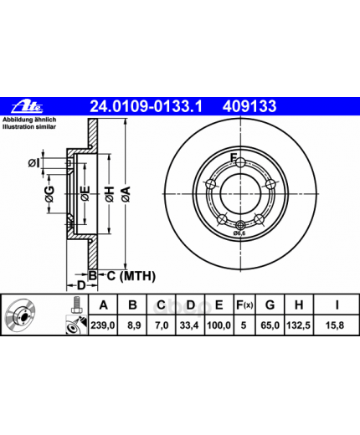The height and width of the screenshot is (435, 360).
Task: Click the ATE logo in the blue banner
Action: (x=27, y=106)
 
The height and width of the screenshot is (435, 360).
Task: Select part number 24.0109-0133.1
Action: (x=146, y=106)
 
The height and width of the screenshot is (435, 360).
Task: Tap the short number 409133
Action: (x=249, y=106)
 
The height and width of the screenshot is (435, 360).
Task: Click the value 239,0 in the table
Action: (x=103, y=325)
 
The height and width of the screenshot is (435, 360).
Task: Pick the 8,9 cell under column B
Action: (x=134, y=325)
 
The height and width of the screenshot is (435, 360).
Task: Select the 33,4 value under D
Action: (x=189, y=325)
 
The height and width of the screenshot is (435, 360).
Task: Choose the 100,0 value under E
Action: (x=219, y=325)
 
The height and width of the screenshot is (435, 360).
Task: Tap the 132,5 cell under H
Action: (x=298, y=325)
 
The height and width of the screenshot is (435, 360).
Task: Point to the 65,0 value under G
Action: (x=270, y=325)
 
